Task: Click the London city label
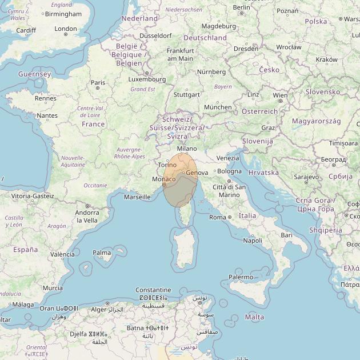[x=66, y=29]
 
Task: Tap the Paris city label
[x=98, y=82]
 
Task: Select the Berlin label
[x=242, y=7]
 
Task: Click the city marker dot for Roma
[x=230, y=217]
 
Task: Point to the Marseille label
[x=137, y=197]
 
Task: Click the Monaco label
[x=163, y=179]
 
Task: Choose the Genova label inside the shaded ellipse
[x=197, y=173]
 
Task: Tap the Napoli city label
[x=252, y=241]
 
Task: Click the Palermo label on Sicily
[x=241, y=277]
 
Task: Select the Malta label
[x=254, y=317]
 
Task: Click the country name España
[x=25, y=250]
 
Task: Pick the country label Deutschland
[x=205, y=38]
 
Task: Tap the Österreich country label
[x=259, y=111]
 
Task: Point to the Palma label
[x=102, y=253]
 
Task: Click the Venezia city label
[x=227, y=158]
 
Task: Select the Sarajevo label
[x=306, y=177]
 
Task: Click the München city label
[x=218, y=107]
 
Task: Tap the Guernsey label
[x=34, y=74]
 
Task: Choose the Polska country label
[x=316, y=21]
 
